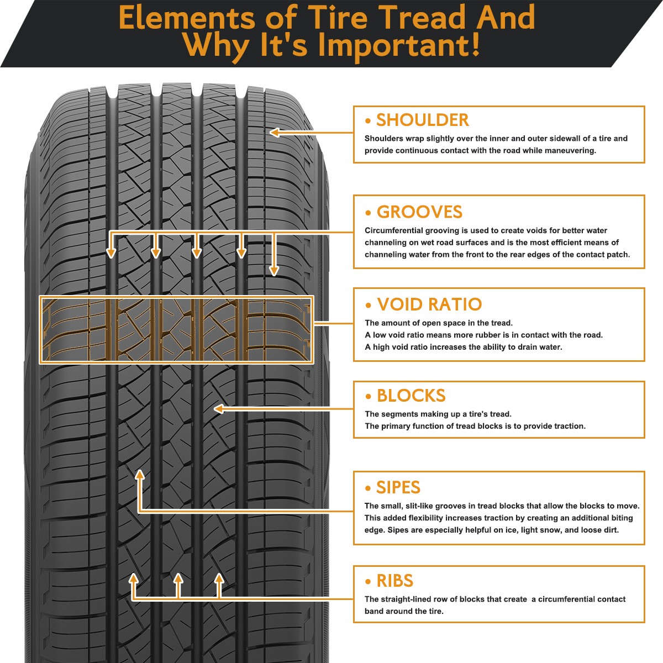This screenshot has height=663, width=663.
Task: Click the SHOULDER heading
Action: tap(422, 120)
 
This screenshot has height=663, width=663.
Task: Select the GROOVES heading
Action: tap(419, 212)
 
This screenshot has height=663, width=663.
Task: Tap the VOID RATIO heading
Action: tap(429, 304)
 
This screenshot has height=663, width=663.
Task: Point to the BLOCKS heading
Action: tap(411, 396)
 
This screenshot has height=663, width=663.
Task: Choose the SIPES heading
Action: tap(398, 487)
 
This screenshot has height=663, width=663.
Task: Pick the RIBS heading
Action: tap(394, 581)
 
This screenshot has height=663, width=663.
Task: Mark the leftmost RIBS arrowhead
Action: tap(133, 578)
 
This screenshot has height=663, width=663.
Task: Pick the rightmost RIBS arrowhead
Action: tap(219, 578)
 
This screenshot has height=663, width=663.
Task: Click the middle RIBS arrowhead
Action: tap(178, 578)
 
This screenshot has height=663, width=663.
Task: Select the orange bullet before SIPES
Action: tap(368, 488)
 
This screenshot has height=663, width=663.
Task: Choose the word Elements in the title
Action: tap(186, 18)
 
